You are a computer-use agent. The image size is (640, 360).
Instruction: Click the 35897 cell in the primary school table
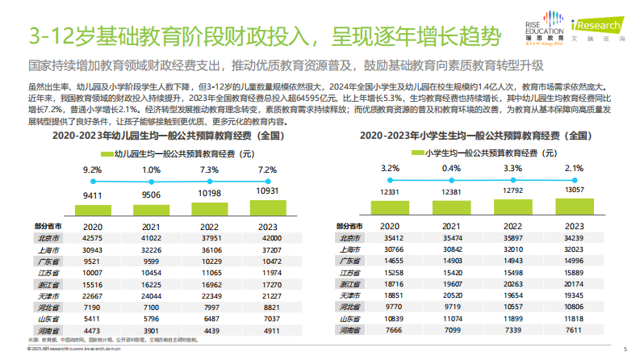coord(512,238)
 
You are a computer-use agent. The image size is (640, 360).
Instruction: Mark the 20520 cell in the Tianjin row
coord(450,296)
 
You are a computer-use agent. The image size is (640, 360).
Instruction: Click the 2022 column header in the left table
coord(210,227)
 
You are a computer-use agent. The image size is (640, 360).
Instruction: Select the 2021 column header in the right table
coord(450,227)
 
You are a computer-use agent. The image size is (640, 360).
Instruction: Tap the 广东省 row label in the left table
coord(49,262)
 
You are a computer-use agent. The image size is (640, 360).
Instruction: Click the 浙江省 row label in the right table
coord(349,284)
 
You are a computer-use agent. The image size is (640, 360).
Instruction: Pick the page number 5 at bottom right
coord(624,349)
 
